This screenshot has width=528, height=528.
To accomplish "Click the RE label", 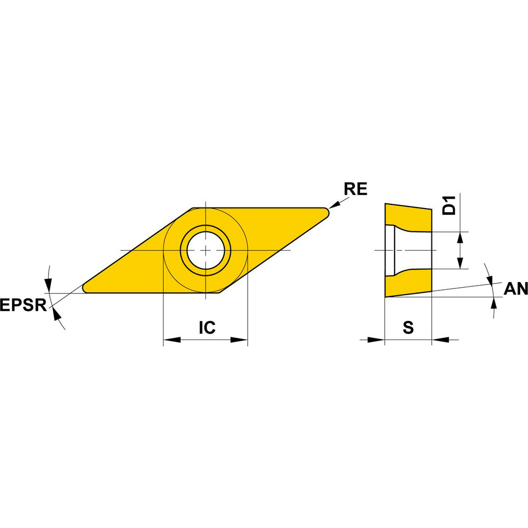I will [x=355, y=190].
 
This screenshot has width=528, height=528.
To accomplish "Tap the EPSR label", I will [x=23, y=305].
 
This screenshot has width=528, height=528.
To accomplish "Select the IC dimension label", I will [x=207, y=328].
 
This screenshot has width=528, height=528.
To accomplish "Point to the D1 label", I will [x=449, y=205].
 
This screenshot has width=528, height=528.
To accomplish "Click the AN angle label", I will [x=515, y=288].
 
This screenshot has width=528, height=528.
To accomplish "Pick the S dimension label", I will [x=408, y=328].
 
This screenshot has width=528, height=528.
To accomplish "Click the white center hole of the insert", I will [x=205, y=250].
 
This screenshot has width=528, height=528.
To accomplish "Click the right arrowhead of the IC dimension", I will [x=240, y=340].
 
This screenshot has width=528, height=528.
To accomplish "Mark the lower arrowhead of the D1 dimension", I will [x=460, y=262].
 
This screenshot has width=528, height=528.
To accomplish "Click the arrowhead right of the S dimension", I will [x=440, y=340].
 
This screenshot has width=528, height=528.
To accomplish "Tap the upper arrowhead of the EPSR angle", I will [x=49, y=285].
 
